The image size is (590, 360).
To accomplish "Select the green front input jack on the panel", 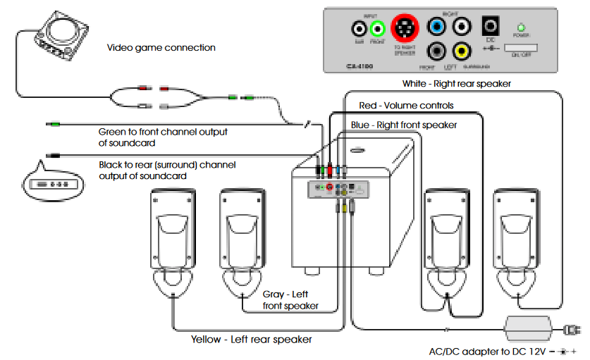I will click(378, 29).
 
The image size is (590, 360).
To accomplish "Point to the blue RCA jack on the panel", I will click(438, 27).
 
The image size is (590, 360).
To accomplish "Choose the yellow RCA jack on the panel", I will click(462, 51).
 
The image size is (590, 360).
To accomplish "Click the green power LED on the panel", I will click(522, 26).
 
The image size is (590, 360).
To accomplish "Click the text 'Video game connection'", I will click(161, 48).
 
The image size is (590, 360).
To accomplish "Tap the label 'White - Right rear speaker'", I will click(456, 83).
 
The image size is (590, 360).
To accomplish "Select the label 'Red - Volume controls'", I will click(406, 106).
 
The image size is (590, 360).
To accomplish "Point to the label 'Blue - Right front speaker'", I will click(403, 125).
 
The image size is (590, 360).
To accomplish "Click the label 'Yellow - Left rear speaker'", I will click(251, 339).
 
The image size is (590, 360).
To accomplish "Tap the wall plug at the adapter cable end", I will click(573, 329).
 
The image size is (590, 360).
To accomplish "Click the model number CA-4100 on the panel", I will click(359, 66).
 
